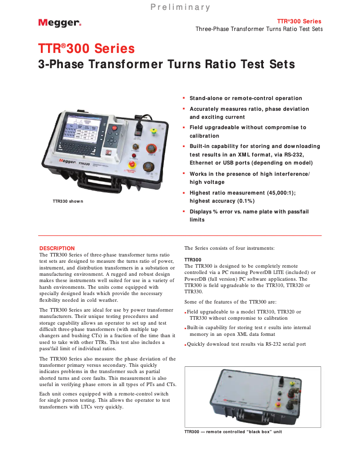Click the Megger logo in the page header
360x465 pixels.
pos(59,23)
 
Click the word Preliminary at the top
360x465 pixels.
pos(180,7)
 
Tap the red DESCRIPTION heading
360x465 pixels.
pos(57,248)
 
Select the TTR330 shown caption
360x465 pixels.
pos(68,201)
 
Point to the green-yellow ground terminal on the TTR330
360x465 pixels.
pos(153,131)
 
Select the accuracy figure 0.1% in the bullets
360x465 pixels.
pos(244,201)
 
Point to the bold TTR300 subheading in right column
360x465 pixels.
pos(193,260)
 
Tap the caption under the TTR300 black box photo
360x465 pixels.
pos(233,432)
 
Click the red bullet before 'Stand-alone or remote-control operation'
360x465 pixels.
pos(184,98)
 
